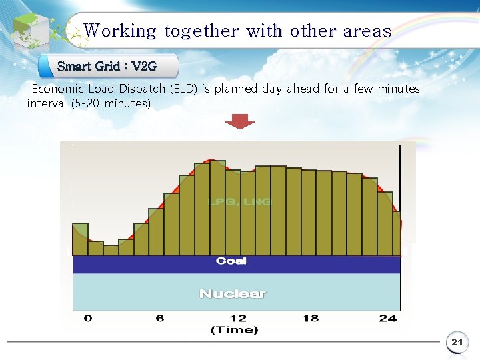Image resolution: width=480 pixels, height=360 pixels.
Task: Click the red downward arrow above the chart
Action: (239, 121)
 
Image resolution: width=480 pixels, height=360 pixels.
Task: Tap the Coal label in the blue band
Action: (231, 261)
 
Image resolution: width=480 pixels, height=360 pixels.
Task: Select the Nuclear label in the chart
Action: (232, 293)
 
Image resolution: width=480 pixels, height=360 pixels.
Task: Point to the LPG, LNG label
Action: (239, 201)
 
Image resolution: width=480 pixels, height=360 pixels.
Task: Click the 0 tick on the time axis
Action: (88, 319)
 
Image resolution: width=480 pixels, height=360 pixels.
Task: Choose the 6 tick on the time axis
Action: (160, 319)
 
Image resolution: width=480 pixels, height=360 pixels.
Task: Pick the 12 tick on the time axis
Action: (237, 319)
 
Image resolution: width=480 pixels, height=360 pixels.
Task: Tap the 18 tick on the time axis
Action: (311, 319)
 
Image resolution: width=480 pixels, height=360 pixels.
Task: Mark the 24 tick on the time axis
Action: (387, 319)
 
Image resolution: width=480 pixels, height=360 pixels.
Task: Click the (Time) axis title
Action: (234, 330)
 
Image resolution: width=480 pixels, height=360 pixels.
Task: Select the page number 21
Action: (457, 343)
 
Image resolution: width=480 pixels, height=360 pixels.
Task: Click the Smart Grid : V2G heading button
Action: (108, 67)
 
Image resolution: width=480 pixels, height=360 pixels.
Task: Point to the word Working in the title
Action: (120, 31)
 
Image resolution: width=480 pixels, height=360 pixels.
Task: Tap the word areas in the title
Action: (367, 31)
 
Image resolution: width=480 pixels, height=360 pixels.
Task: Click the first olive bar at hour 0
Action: (80, 239)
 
